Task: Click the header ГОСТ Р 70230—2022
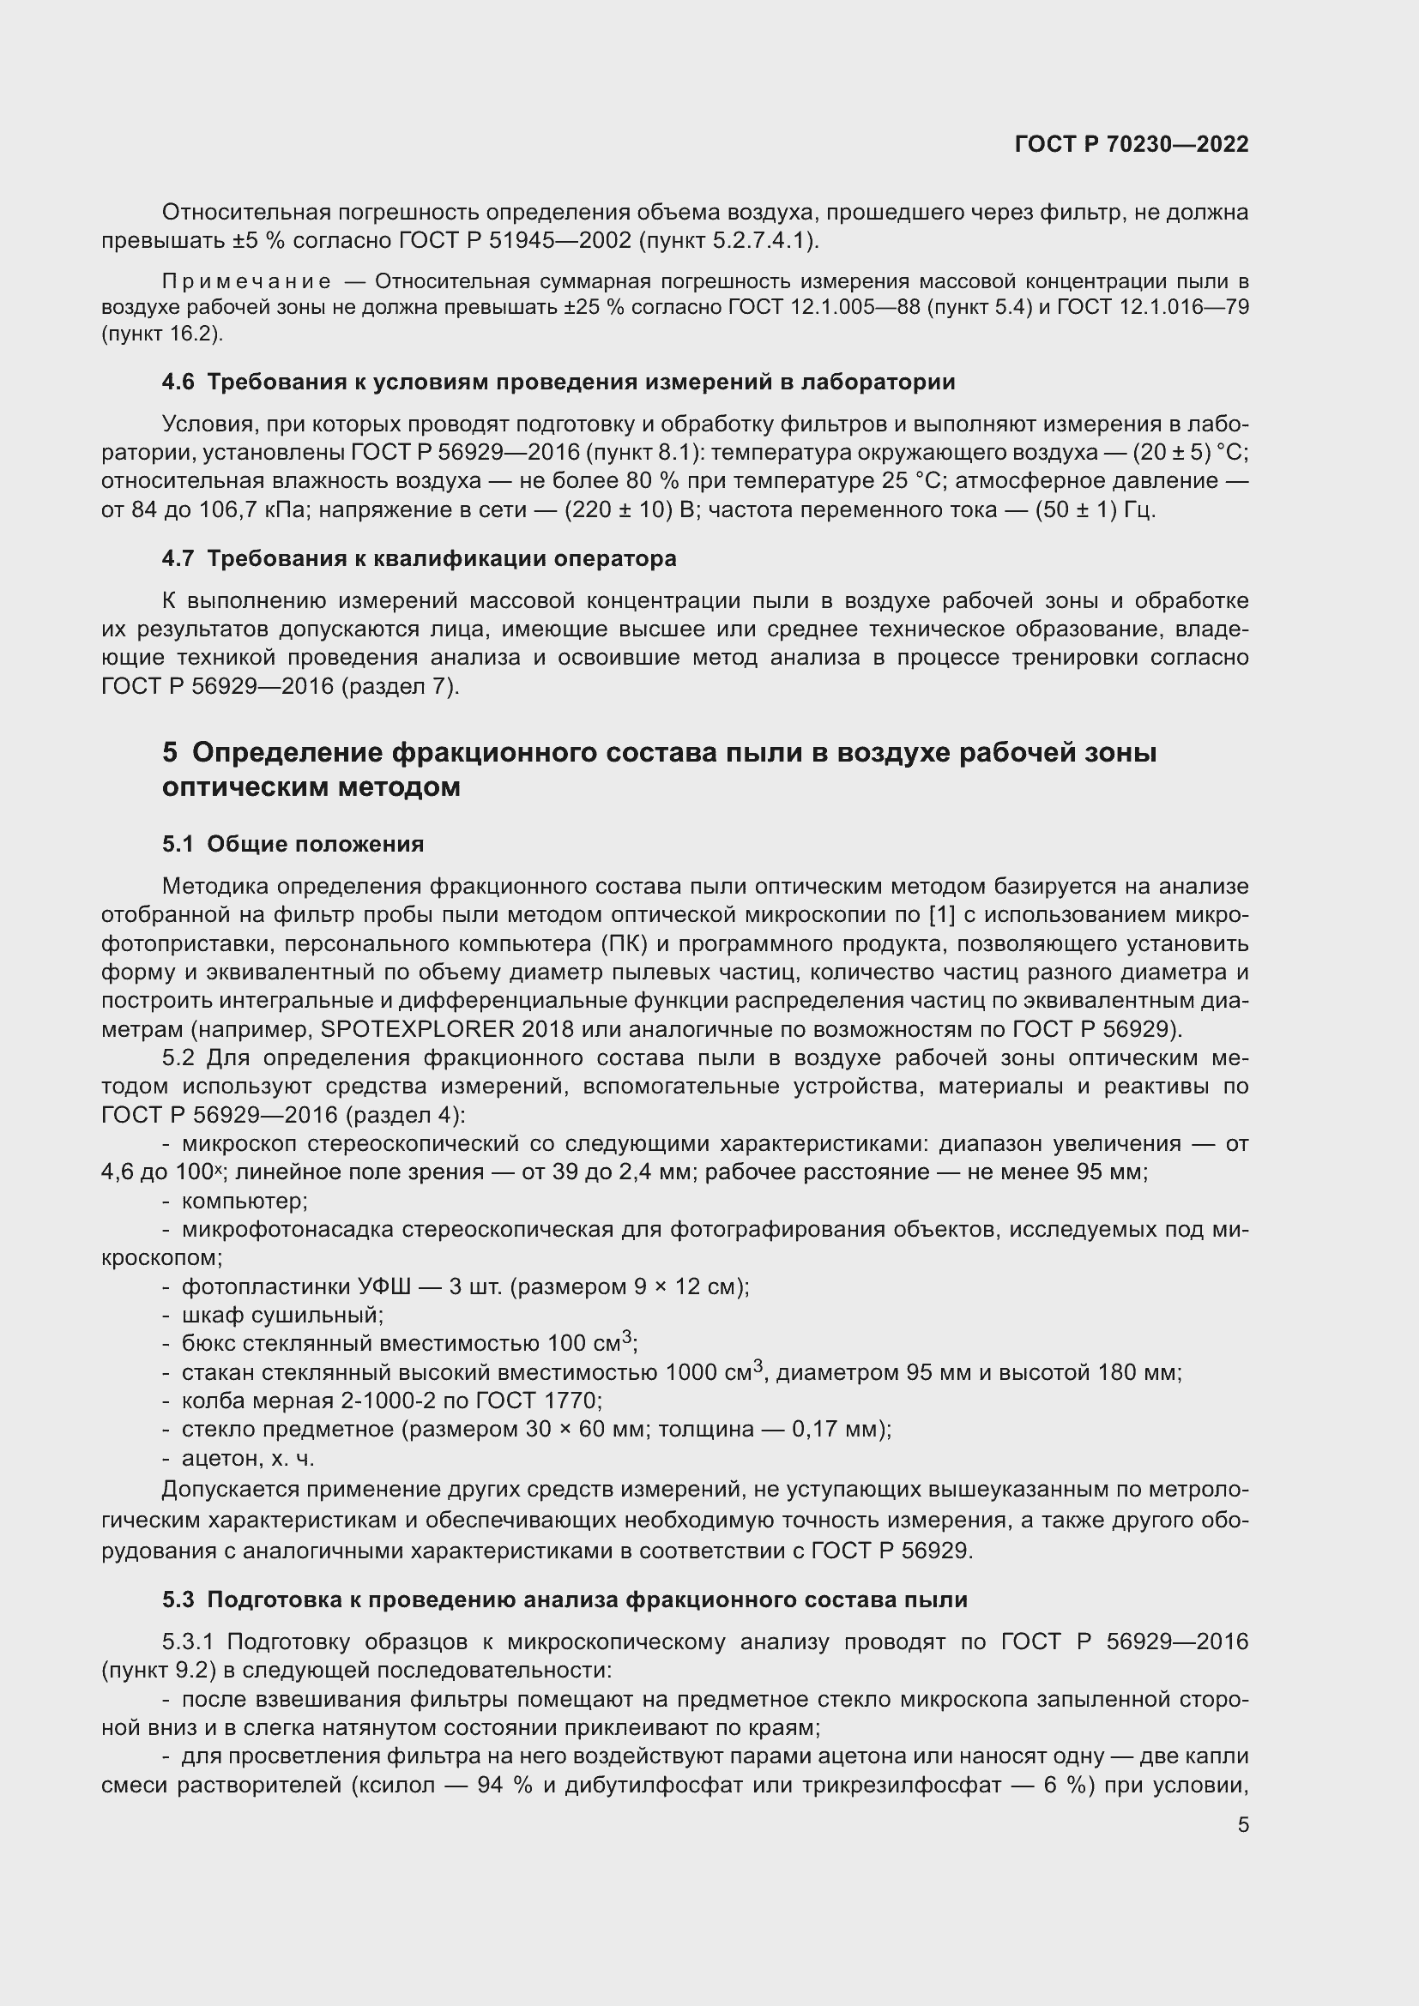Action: click(x=1132, y=144)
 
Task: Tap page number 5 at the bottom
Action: click(x=1242, y=1824)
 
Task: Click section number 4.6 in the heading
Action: click(x=178, y=382)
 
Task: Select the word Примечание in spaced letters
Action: click(x=246, y=281)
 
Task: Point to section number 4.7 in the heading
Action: click(x=178, y=558)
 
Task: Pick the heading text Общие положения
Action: click(x=315, y=844)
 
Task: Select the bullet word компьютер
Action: click(x=244, y=1201)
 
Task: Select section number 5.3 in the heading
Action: click(x=178, y=1599)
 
